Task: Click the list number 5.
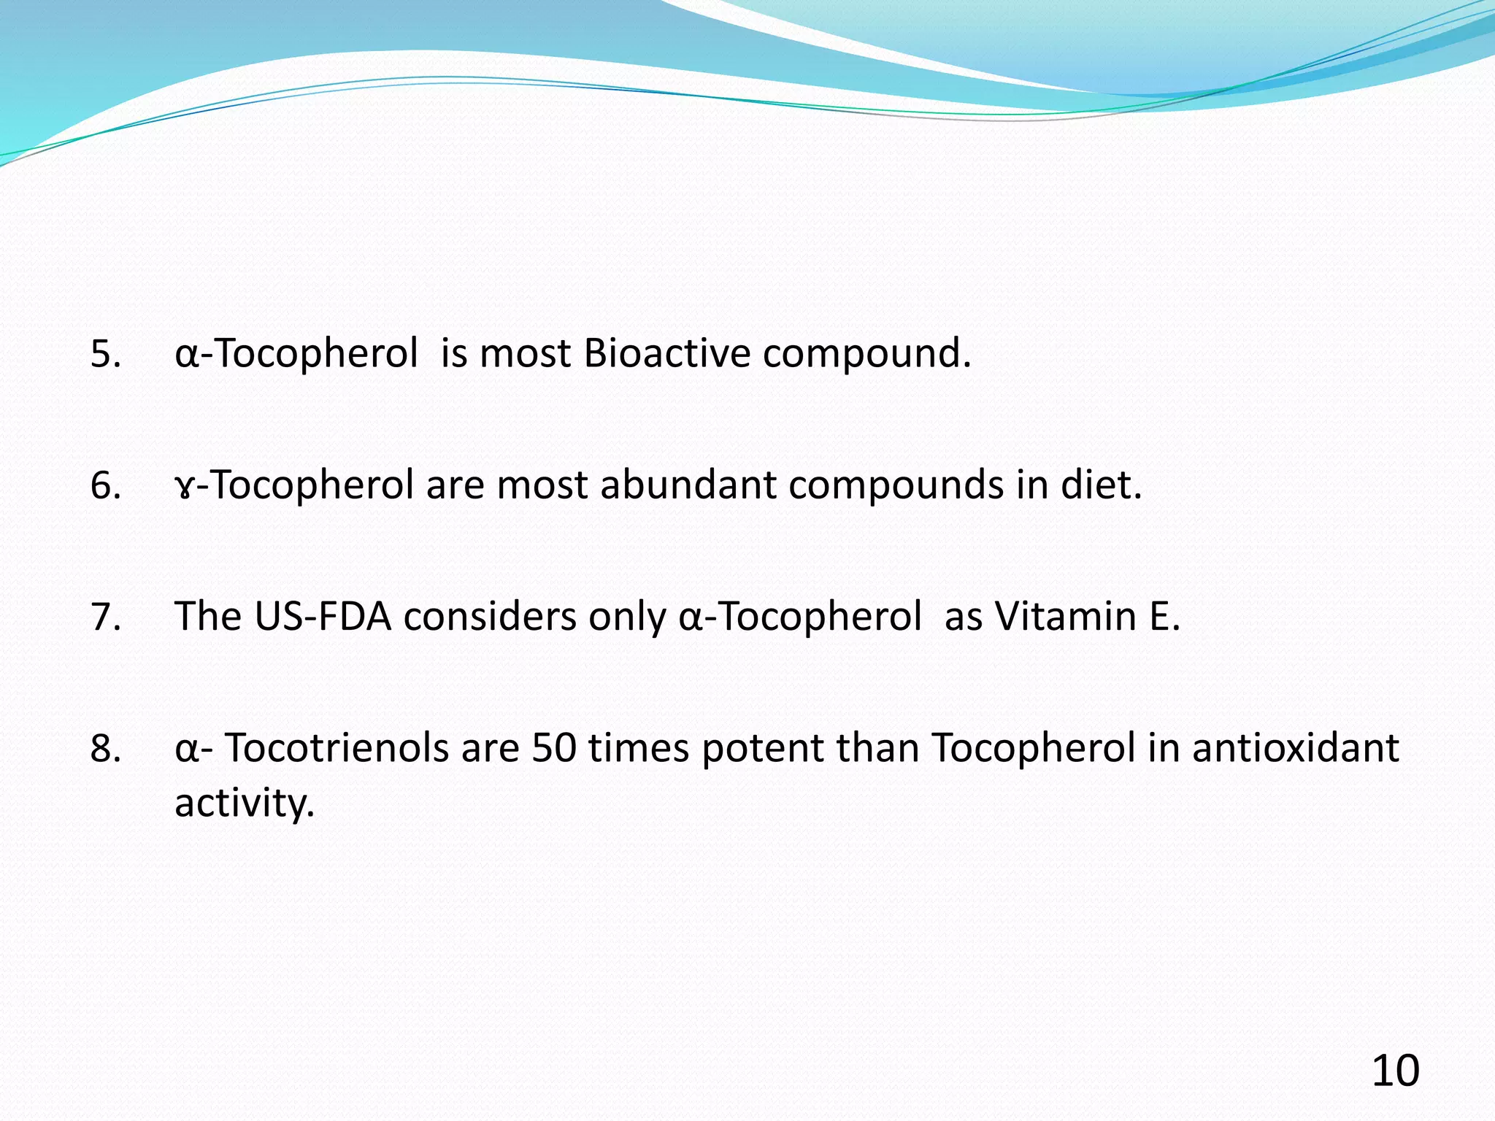tap(105, 355)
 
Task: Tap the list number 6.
tap(105, 486)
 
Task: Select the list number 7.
tap(105, 617)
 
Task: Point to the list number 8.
tap(105, 749)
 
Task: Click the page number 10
tap(1395, 1071)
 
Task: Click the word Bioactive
tap(667, 354)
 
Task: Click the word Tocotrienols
tap(336, 748)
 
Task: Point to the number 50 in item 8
tap(554, 748)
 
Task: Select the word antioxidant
tap(1295, 748)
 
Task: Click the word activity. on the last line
tap(245, 804)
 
